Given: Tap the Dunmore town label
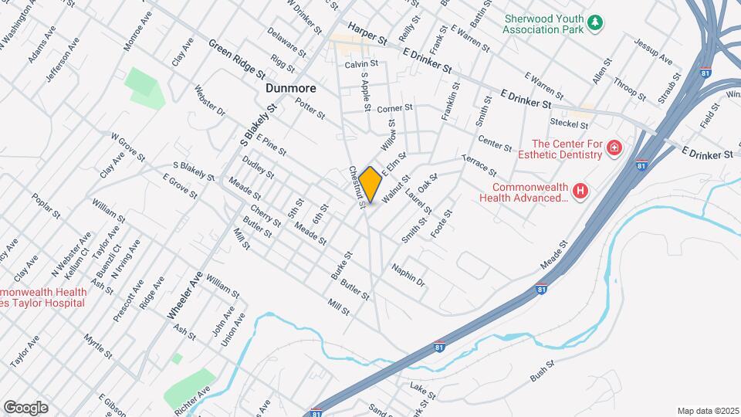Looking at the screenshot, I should coord(290,89).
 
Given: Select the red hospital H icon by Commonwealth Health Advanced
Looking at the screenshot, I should coord(581,191).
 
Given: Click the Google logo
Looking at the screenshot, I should coord(25,407).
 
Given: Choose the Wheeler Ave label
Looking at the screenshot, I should coord(185,296).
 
